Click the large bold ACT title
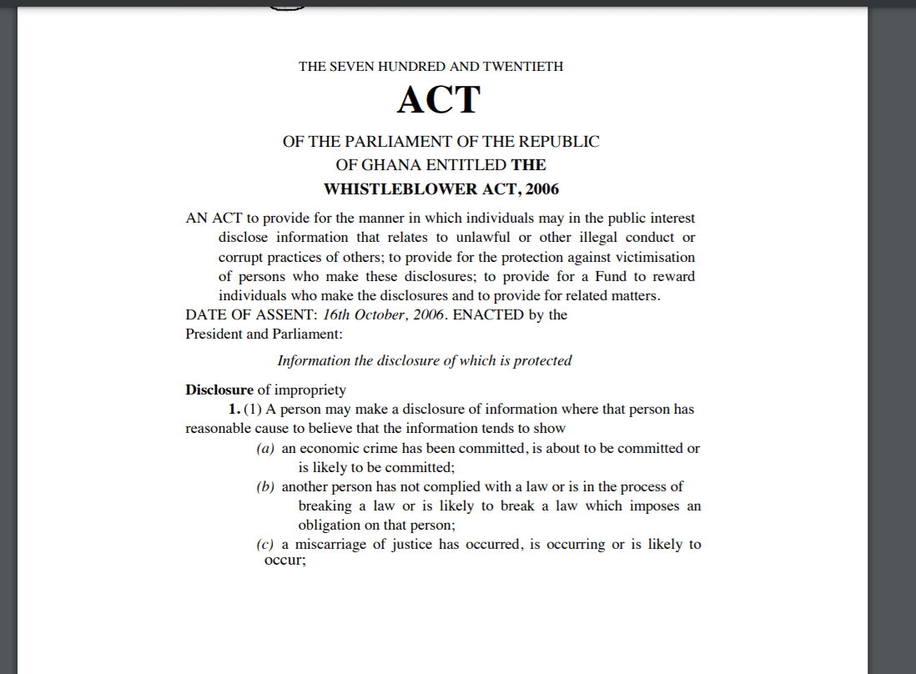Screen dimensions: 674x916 (439, 101)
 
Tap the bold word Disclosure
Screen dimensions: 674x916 (219, 390)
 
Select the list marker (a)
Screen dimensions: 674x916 (265, 449)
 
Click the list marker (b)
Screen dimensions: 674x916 (265, 487)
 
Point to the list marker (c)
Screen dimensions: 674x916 (265, 545)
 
